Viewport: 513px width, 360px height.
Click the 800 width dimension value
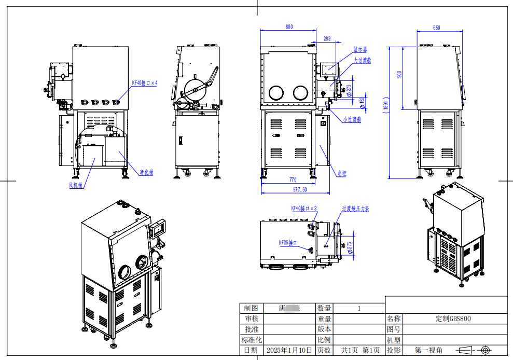289,26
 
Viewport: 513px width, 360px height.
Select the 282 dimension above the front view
327,38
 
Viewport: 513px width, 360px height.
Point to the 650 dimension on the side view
436,27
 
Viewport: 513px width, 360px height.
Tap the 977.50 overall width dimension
300,190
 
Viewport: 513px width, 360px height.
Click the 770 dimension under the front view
293,179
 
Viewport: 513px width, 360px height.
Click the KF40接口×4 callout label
144,82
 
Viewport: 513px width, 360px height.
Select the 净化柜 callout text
147,172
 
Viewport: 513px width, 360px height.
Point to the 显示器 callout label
360,50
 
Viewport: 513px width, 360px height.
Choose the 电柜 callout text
341,174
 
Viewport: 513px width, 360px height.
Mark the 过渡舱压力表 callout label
355,209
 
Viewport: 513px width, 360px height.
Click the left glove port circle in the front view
275,93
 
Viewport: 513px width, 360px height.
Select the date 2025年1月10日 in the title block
289,350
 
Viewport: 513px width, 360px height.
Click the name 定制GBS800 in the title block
453,319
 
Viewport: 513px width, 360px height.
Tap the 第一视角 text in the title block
428,350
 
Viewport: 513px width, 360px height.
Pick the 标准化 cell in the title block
252,340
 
